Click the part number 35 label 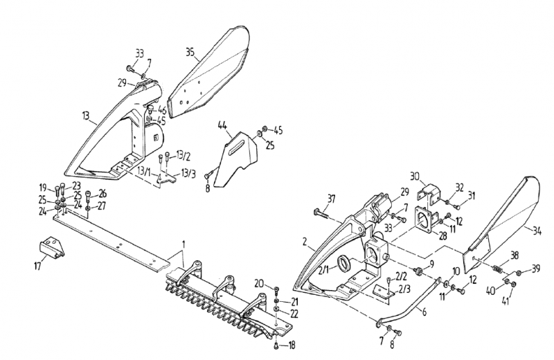190,53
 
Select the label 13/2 184,155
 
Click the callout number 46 162,110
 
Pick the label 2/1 324,271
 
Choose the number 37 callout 331,199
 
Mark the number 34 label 537,232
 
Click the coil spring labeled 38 497,269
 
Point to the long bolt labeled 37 319,213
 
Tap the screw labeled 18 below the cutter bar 276,345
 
